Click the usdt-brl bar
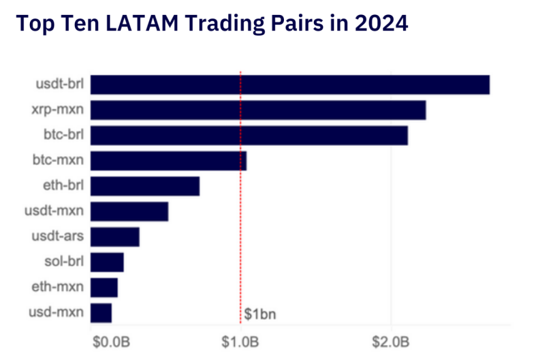pyautogui.click(x=289, y=84)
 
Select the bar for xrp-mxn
pyautogui.click(x=258, y=110)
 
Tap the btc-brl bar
pyautogui.click(x=249, y=135)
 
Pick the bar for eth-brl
pyautogui.click(x=144, y=186)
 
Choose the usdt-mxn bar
pyautogui.click(x=129, y=212)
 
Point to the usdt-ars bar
pyautogui.click(x=115, y=237)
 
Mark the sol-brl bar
pyautogui.click(x=107, y=263)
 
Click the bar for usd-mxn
pyautogui.click(x=101, y=313)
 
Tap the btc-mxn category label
pyautogui.click(x=58, y=161)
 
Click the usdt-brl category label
pyautogui.click(x=58, y=84)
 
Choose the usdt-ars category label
pyautogui.click(x=58, y=237)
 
